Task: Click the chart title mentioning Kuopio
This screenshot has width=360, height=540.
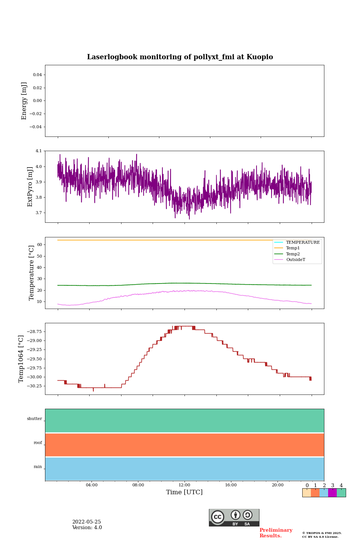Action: pyautogui.click(x=180, y=57)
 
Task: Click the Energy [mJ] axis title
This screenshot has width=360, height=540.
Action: pyautogui.click(x=24, y=101)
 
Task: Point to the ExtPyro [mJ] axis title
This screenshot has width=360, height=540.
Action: pyautogui.click(x=30, y=187)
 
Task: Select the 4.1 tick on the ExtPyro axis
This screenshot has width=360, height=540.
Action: pyautogui.click(x=39, y=151)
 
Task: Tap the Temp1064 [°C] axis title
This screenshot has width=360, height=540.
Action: pyautogui.click(x=21, y=359)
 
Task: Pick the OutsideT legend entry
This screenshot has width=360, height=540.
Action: pyautogui.click(x=295, y=260)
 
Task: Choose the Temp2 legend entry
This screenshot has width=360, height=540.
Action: pyautogui.click(x=293, y=254)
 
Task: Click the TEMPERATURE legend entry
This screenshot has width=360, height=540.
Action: pyautogui.click(x=303, y=243)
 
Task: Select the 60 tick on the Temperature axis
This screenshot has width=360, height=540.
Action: pyautogui.click(x=39, y=245)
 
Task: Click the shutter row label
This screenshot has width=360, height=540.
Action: pyautogui.click(x=34, y=419)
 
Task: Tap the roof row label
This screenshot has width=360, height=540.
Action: pyautogui.click(x=38, y=443)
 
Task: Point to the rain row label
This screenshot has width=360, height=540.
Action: pyautogui.click(x=38, y=467)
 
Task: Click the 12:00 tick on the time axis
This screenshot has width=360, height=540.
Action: pyautogui.click(x=184, y=485)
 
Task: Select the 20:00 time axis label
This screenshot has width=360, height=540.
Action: pyautogui.click(x=277, y=485)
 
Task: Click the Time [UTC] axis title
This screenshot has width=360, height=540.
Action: pyautogui.click(x=184, y=492)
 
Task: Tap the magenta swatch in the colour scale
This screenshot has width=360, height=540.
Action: pyautogui.click(x=332, y=493)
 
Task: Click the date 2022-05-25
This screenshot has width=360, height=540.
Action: pyautogui.click(x=87, y=522)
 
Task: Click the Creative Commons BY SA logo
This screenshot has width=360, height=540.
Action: pyautogui.click(x=234, y=517)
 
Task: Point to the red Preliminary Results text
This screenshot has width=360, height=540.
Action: pyautogui.click(x=276, y=533)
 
